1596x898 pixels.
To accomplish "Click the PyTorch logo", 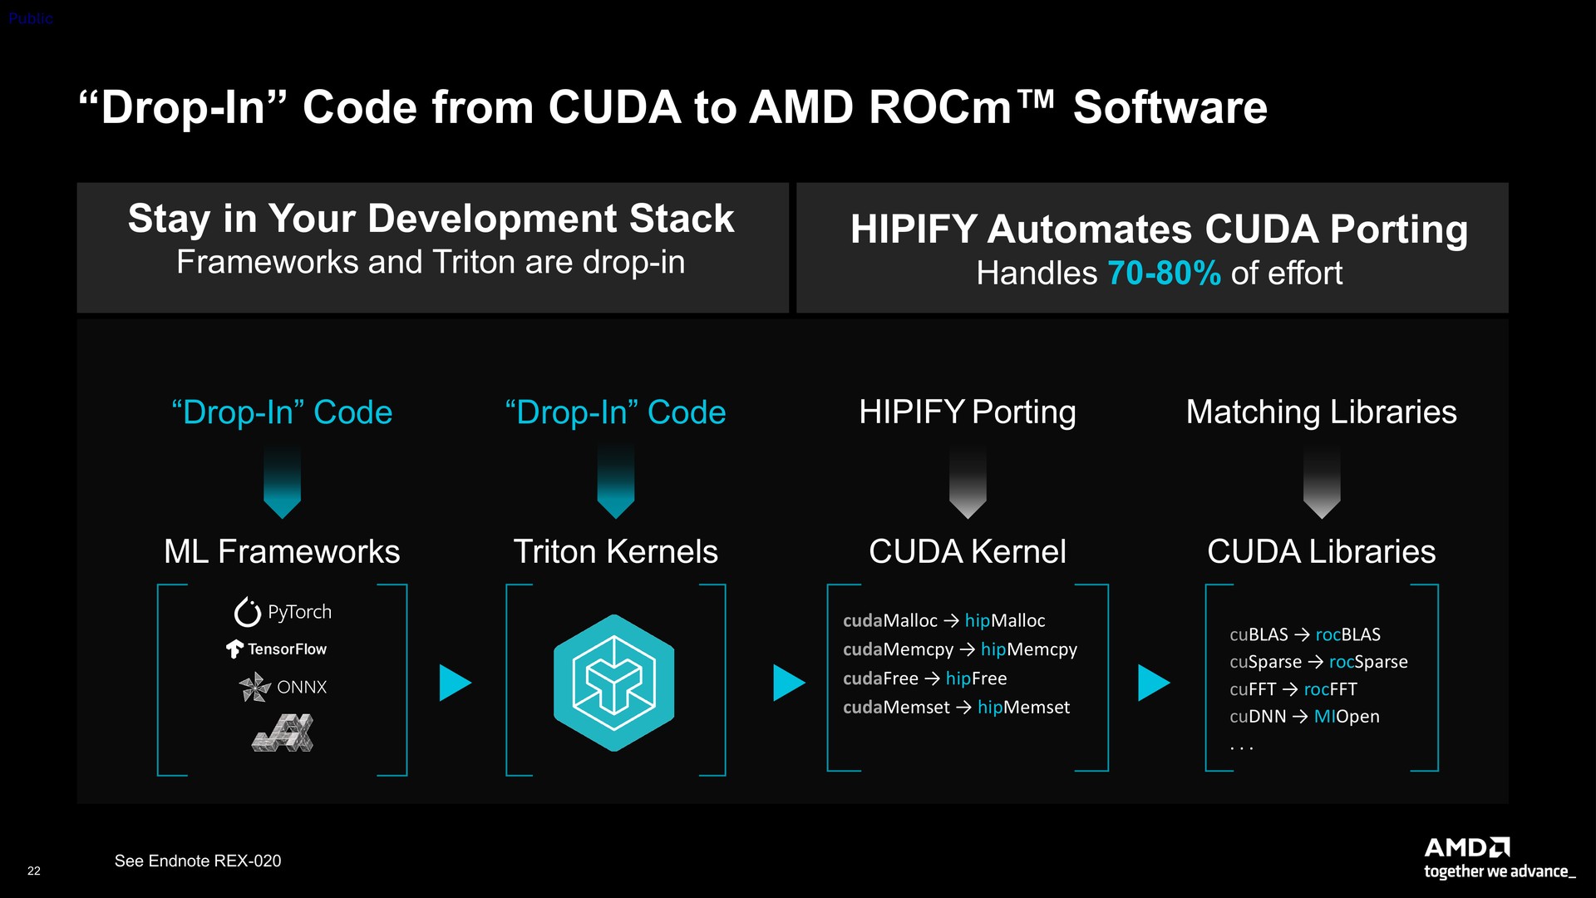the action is pyautogui.click(x=283, y=612).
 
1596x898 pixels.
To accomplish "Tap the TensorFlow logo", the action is pyautogui.click(x=277, y=649).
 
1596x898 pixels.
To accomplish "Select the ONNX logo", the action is pyautogui.click(x=283, y=687).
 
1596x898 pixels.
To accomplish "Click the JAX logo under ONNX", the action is pyautogui.click(x=283, y=733).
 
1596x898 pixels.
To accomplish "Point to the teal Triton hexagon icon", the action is pyautogui.click(x=614, y=683).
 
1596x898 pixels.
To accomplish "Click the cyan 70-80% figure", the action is pyautogui.click(x=1164, y=273).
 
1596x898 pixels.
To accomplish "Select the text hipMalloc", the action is pyautogui.click(x=1005, y=620).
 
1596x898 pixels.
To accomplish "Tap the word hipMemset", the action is pyautogui.click(x=1023, y=707).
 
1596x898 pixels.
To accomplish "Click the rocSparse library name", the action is pyautogui.click(x=1368, y=662).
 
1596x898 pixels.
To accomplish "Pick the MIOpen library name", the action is pyautogui.click(x=1347, y=717).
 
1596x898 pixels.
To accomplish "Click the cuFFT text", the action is pyautogui.click(x=1253, y=689).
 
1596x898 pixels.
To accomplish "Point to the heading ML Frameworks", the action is pyautogui.click(x=282, y=551).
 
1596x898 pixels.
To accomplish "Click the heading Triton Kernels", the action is pyautogui.click(x=615, y=551).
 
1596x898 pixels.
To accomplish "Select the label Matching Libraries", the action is pyautogui.click(x=1321, y=412).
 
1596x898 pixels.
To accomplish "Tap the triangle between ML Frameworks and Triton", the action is pyautogui.click(x=455, y=683).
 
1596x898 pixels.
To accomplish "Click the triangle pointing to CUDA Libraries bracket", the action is pyautogui.click(x=1154, y=683).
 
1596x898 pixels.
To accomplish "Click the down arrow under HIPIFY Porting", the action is pyautogui.click(x=968, y=481).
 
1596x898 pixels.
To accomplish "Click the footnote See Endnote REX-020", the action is pyautogui.click(x=198, y=861).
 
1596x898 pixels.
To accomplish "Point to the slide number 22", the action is pyautogui.click(x=34, y=871).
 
